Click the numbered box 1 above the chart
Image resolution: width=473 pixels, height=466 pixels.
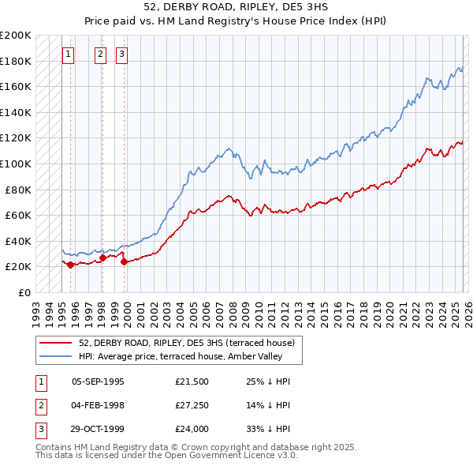pyautogui.click(x=69, y=54)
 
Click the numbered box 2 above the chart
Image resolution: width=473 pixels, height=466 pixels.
pyautogui.click(x=101, y=54)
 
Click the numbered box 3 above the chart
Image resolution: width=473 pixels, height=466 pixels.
pyautogui.click(x=123, y=54)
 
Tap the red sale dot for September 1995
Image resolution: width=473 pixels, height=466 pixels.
pyautogui.click(x=71, y=265)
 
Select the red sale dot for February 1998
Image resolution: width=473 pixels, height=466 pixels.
pyautogui.click(x=102, y=257)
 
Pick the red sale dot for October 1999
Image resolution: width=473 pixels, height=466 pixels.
pyautogui.click(x=125, y=261)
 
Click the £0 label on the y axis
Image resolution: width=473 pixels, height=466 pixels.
pyautogui.click(x=24, y=292)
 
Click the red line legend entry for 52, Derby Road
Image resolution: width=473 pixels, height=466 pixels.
pyautogui.click(x=186, y=343)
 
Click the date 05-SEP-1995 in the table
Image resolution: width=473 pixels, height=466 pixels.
pyautogui.click(x=98, y=381)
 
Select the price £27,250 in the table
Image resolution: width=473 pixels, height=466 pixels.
pyautogui.click(x=192, y=405)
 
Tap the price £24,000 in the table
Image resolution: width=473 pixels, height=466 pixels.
pyautogui.click(x=192, y=429)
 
